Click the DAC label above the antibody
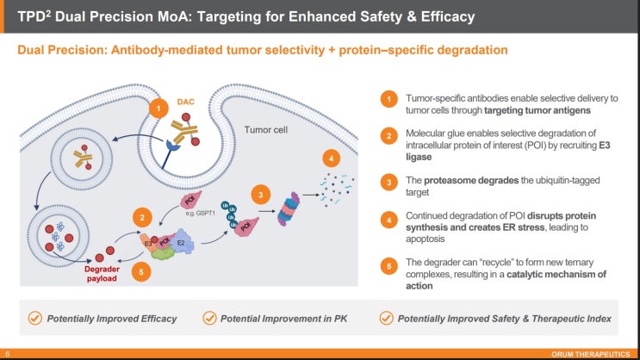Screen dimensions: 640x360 pos(185,102)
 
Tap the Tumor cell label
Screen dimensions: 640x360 pos(265,130)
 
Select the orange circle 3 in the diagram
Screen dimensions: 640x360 pos(261,195)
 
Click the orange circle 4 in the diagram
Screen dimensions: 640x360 pos(331,158)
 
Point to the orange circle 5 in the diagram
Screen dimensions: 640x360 pos(141,272)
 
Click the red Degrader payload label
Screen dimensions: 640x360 pos(102,274)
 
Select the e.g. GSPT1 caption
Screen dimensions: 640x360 pos(200,213)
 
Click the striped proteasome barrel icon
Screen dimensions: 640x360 pos(289,209)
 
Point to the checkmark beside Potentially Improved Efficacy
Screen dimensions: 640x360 pos(35,318)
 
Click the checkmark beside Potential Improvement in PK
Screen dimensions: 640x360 pos(209,318)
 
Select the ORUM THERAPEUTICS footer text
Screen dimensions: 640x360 pos(590,354)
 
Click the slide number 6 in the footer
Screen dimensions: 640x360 pos(8,354)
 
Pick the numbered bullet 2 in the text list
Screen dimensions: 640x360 pos(389,136)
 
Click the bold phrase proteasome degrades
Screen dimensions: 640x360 pos(471,180)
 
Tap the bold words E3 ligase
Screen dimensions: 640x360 pos(507,151)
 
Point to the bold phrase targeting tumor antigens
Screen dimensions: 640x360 pos(537,110)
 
